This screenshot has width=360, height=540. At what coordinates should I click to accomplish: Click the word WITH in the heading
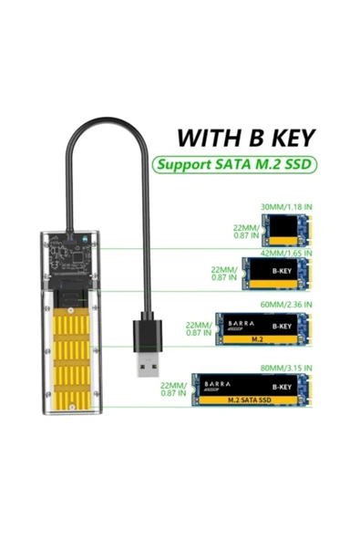pos(205,139)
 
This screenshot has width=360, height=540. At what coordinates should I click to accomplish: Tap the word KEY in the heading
pos(288,139)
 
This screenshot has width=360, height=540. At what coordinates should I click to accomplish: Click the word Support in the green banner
pos(182,166)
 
